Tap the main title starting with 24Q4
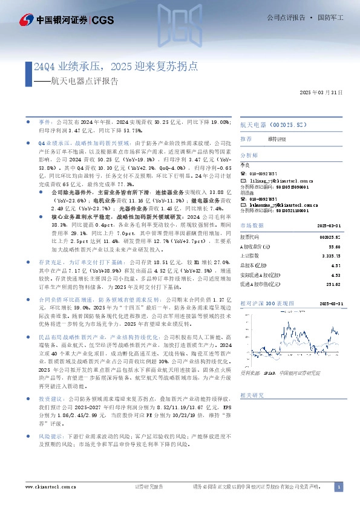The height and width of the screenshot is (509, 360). pyautogui.click(x=116, y=67)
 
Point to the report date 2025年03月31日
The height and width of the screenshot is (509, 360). pyautogui.click(x=321, y=92)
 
